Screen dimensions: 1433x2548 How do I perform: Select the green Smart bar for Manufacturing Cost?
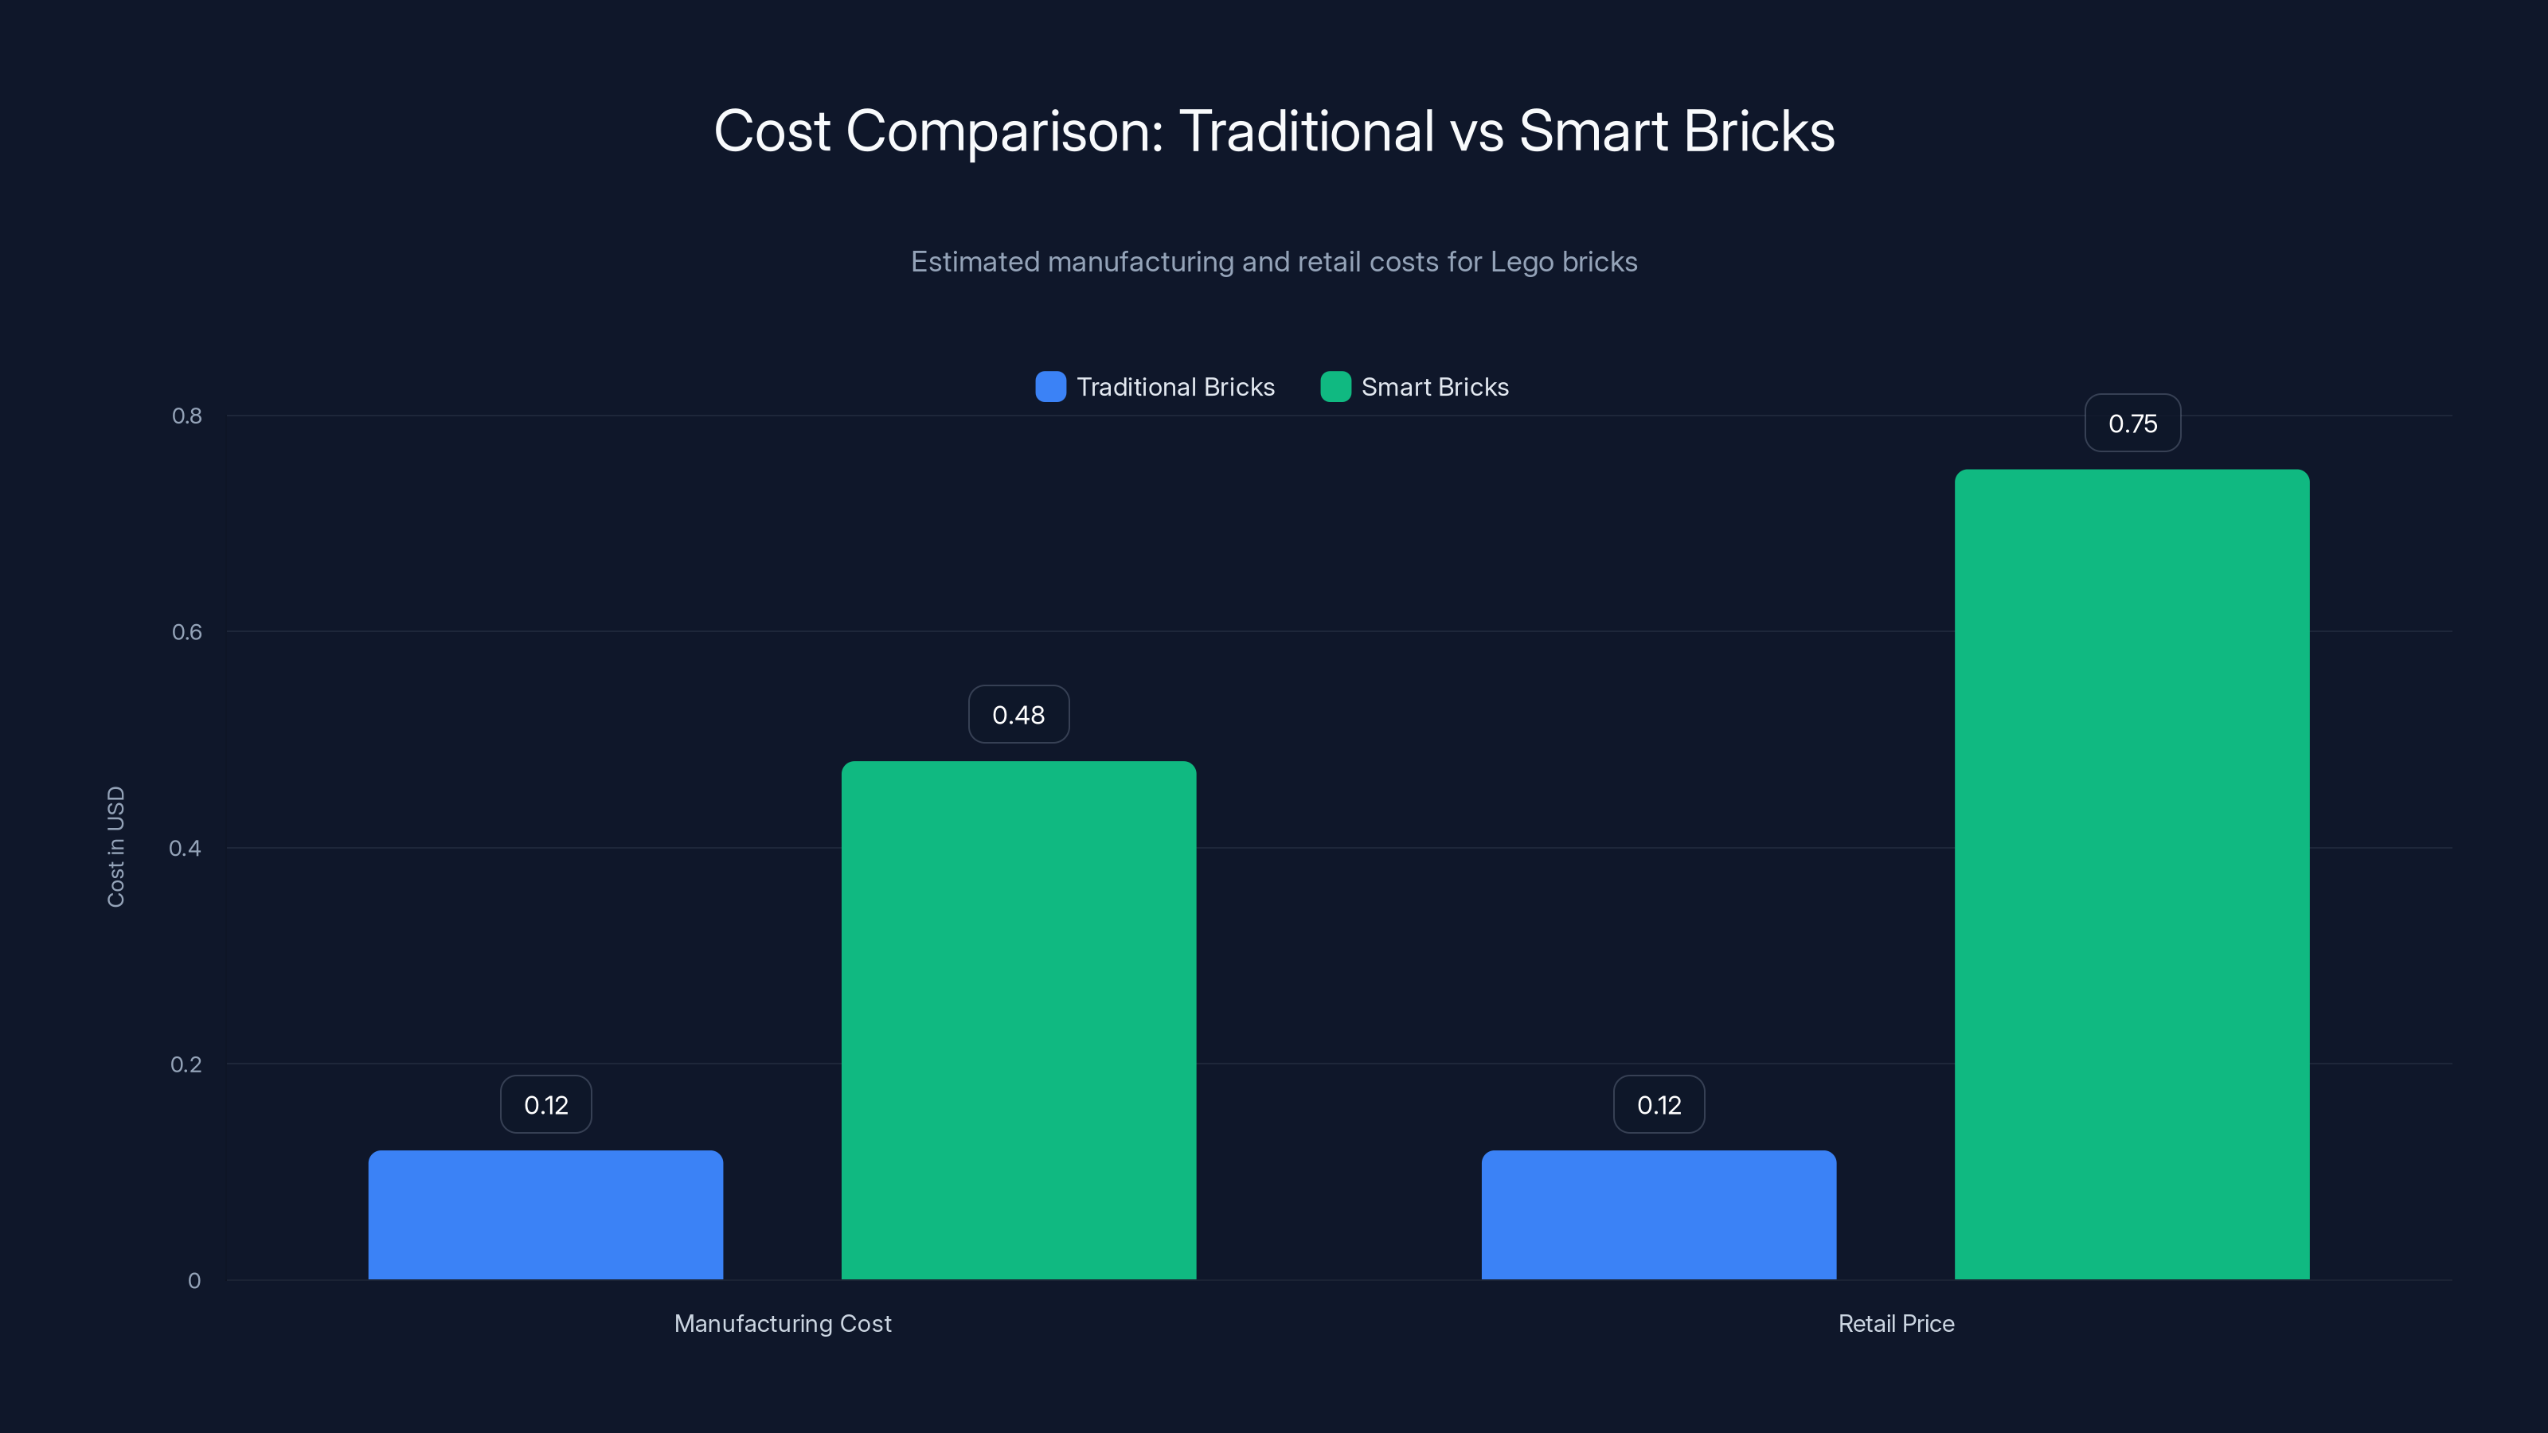click(x=1018, y=1020)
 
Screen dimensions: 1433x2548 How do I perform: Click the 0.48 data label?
click(x=1018, y=714)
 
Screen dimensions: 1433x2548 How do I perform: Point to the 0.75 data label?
click(x=2132, y=424)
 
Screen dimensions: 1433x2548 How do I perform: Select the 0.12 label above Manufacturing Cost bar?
click(x=545, y=1105)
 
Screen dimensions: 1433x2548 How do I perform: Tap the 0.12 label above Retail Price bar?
click(x=1658, y=1105)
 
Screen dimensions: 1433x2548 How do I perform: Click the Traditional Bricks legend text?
click(x=1175, y=387)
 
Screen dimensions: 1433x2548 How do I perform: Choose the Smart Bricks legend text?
click(x=1434, y=387)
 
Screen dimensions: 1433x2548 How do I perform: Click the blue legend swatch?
click(x=1049, y=387)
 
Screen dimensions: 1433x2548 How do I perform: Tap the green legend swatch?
click(x=1335, y=387)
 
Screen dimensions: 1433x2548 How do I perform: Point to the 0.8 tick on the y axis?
click(x=187, y=416)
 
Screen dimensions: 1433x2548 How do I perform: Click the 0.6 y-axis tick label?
click(x=187, y=632)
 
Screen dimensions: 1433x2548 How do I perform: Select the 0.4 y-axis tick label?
click(x=185, y=849)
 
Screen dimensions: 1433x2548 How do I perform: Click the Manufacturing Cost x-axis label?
click(x=783, y=1323)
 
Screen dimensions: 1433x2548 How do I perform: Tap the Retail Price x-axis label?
click(x=1895, y=1323)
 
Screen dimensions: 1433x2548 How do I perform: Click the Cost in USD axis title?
click(x=115, y=846)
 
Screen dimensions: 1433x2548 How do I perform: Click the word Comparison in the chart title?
click(x=1004, y=131)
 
